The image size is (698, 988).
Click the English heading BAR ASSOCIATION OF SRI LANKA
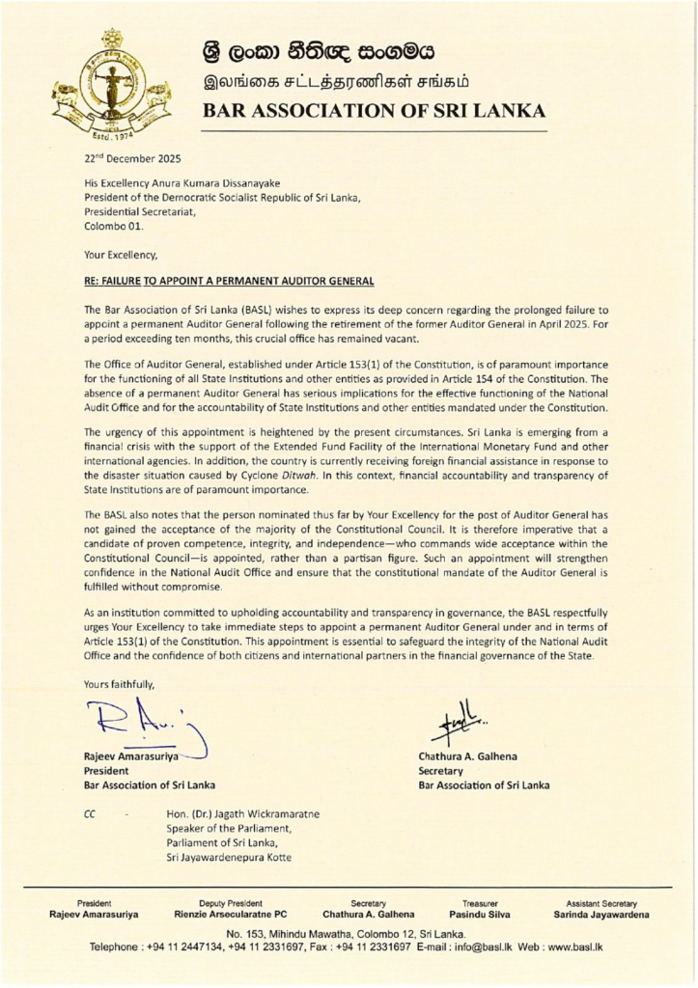point(374,110)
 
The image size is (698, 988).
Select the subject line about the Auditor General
point(229,281)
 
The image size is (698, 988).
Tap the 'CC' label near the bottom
point(91,813)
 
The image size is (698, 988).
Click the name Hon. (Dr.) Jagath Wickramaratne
point(243,813)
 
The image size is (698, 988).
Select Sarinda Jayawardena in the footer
point(600,914)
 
